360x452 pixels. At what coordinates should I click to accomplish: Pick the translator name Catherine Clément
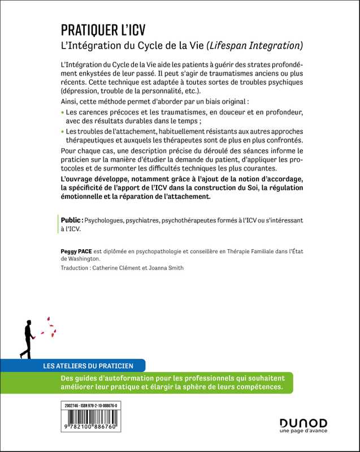120,268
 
